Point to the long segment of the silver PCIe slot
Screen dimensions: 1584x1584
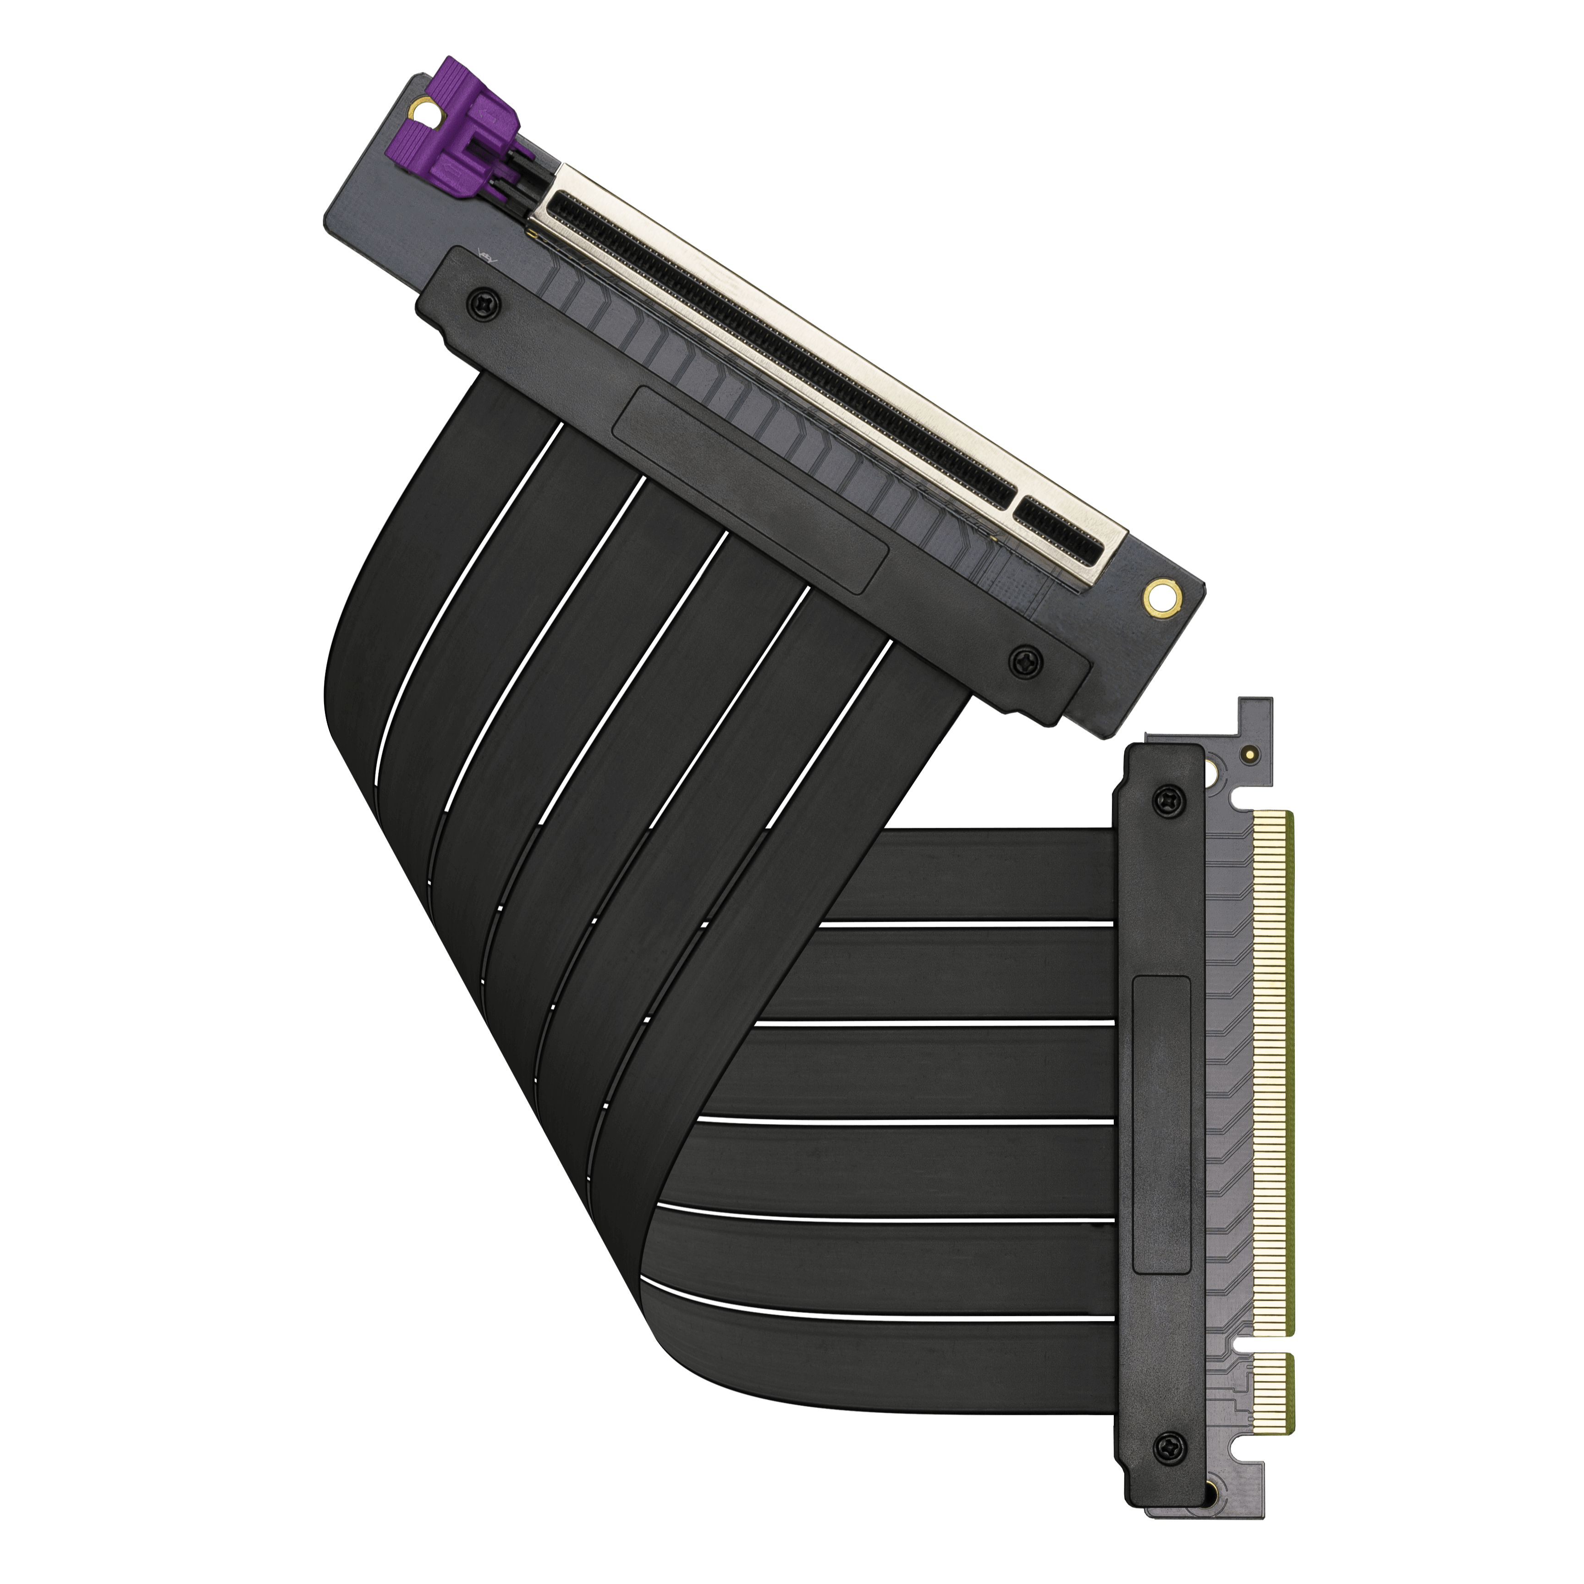click(x=779, y=344)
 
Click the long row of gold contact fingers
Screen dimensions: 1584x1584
click(x=1271, y=1074)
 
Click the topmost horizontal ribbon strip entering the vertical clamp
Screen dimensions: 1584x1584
click(x=984, y=873)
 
